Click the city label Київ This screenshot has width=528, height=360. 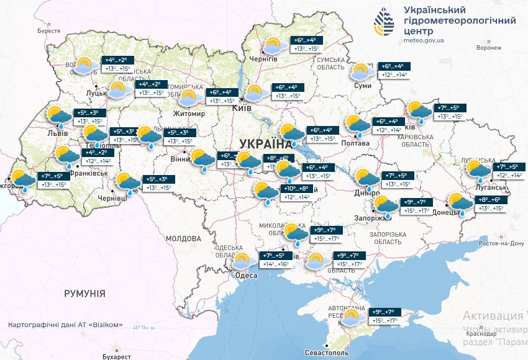[x=241, y=108]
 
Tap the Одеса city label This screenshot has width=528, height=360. [x=247, y=276]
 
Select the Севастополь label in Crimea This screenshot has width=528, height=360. [x=326, y=353]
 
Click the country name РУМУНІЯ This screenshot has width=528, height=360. [x=84, y=293]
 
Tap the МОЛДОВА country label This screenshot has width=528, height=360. [x=183, y=238]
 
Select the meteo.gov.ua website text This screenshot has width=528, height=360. [x=423, y=40]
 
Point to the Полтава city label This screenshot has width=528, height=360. [x=356, y=143]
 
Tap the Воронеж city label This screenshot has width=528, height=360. [x=489, y=47]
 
